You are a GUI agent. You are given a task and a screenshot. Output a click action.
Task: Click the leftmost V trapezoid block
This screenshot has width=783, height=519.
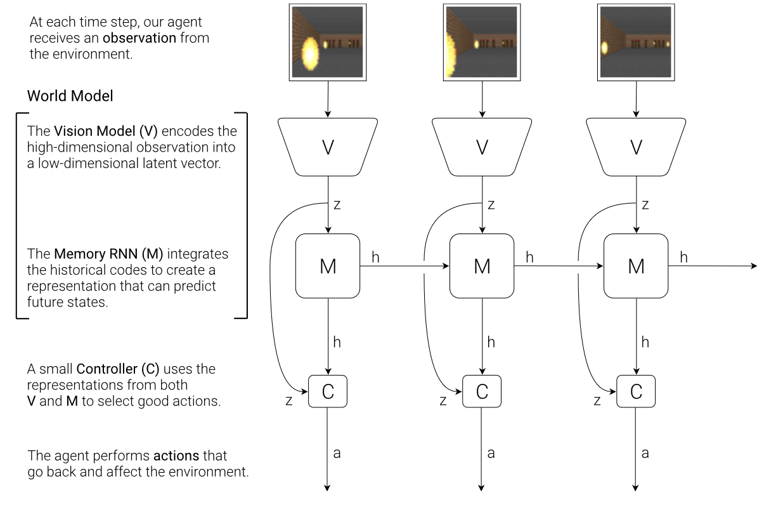click(x=328, y=147)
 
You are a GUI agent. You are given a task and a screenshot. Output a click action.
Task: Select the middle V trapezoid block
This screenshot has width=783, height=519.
click(x=482, y=147)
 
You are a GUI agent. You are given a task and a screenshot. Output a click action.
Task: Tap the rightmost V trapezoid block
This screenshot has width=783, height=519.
click(x=636, y=147)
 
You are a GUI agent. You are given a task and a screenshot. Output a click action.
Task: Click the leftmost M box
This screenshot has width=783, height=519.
click(x=328, y=266)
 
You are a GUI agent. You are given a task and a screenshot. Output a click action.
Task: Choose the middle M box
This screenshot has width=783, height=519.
click(x=482, y=266)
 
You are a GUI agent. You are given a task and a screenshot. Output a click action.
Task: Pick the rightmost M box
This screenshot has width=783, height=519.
click(x=636, y=266)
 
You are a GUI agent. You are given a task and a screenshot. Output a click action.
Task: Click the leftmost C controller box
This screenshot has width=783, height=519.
click(x=328, y=391)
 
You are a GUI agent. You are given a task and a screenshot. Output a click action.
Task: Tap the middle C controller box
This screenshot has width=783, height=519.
click(x=482, y=391)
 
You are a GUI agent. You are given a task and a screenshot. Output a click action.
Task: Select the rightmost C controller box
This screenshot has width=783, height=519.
click(x=636, y=391)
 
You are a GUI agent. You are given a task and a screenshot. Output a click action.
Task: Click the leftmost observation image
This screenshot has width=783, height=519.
click(x=327, y=42)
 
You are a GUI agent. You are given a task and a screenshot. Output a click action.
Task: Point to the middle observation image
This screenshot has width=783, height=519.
click(x=482, y=42)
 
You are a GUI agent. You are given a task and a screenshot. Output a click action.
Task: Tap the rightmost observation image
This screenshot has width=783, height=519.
click(x=636, y=42)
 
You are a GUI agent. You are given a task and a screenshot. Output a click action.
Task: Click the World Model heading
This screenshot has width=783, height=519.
click(x=70, y=96)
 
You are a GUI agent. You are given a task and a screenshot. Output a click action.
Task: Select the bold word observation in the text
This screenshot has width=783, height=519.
click(x=139, y=38)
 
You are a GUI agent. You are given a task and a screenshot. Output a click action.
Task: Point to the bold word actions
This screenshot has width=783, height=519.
click(x=176, y=456)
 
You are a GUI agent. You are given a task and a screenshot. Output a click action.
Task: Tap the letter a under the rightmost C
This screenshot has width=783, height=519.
click(x=645, y=453)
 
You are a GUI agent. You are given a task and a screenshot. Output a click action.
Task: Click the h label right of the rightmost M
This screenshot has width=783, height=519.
click(x=683, y=256)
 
